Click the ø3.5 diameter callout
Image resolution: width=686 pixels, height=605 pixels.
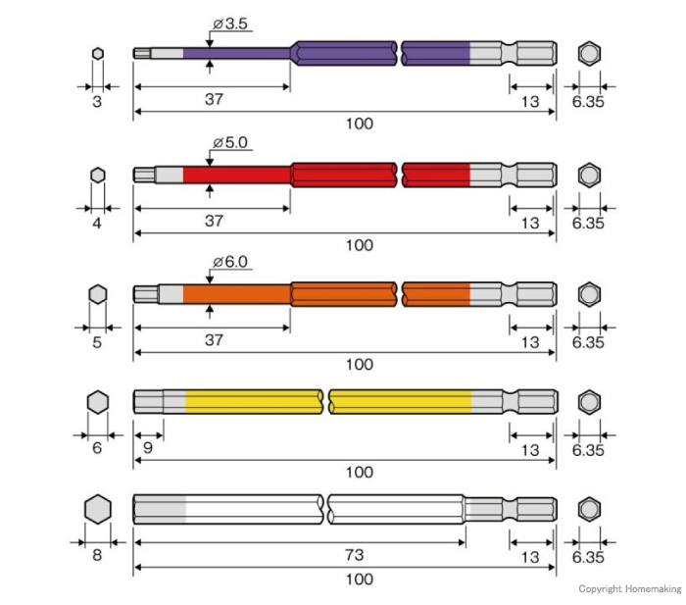pyautogui.click(x=230, y=24)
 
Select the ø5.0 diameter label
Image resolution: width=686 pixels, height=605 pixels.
pyautogui.click(x=230, y=143)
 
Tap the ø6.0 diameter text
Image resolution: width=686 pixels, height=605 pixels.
pyautogui.click(x=230, y=262)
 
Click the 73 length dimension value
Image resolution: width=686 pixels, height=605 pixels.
pyautogui.click(x=354, y=555)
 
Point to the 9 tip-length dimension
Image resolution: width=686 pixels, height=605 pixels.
pyautogui.click(x=148, y=447)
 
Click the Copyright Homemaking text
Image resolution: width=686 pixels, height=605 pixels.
pyautogui.click(x=629, y=588)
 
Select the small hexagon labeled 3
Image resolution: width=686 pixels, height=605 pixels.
pyautogui.click(x=98, y=53)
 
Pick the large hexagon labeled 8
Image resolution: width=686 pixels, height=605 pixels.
pyautogui.click(x=98, y=509)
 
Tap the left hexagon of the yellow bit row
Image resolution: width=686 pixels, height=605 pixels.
pyautogui.click(x=98, y=402)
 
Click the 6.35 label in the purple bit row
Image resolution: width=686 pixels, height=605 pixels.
pyautogui.click(x=588, y=102)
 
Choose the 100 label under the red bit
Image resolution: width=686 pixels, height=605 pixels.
pyautogui.click(x=360, y=245)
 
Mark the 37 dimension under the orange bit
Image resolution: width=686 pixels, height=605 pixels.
pyautogui.click(x=214, y=339)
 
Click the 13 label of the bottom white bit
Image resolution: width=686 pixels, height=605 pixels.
pyautogui.click(x=530, y=557)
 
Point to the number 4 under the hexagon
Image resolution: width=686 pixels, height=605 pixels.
pyautogui.click(x=97, y=224)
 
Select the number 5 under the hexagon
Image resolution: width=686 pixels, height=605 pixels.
pyautogui.click(x=97, y=342)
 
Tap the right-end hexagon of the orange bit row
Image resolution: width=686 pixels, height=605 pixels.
pyautogui.click(x=589, y=294)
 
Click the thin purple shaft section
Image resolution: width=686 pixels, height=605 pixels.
pyautogui.click(x=237, y=53)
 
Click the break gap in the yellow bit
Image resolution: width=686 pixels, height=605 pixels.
pyautogui.click(x=326, y=402)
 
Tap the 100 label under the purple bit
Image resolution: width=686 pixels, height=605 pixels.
pyautogui.click(x=360, y=124)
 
